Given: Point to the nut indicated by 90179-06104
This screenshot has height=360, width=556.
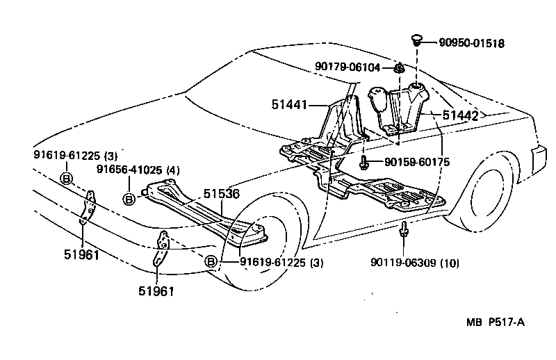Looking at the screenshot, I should tap(400, 69).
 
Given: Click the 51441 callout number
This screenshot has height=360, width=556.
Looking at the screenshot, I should tap(289, 106).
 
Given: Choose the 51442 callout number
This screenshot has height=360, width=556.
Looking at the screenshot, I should tap(461, 115).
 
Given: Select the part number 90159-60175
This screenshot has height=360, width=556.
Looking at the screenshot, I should tap(416, 163).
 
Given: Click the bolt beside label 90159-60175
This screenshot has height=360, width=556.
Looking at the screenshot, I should tap(364, 163).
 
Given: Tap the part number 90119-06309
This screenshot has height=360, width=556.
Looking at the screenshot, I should tap(407, 263).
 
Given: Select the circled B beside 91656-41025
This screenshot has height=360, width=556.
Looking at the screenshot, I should tap(129, 199).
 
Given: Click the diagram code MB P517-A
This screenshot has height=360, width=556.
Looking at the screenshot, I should tap(495, 322).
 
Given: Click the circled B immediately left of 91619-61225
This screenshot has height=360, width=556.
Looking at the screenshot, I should tap(212, 262).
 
